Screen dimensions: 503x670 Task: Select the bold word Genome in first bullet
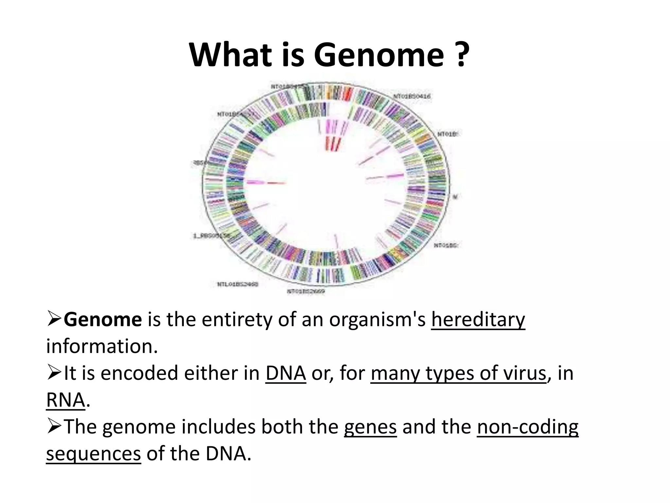point(103,320)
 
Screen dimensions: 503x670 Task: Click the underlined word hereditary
point(478,320)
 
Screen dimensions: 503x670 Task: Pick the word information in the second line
point(102,346)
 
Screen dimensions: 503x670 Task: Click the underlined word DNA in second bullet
point(286,373)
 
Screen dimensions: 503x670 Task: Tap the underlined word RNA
point(65,400)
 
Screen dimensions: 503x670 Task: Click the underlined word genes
point(370,428)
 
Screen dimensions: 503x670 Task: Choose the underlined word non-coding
point(527,428)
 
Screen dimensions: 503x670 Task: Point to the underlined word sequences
point(94,455)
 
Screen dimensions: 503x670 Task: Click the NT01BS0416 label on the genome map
point(412,96)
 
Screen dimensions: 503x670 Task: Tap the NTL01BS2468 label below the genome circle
point(238,284)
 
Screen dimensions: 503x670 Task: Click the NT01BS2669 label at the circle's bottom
point(306,291)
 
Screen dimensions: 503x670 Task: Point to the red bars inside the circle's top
point(332,143)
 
